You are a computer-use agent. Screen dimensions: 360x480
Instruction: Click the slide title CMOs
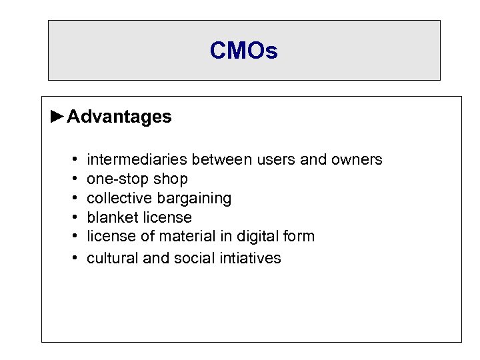click(243, 51)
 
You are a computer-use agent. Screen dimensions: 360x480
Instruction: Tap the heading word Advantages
click(119, 117)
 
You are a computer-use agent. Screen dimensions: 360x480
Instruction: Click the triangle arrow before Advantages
click(58, 117)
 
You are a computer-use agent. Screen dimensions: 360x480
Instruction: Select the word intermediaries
click(137, 160)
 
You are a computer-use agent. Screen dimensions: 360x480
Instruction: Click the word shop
click(171, 179)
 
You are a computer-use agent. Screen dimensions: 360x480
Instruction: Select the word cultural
click(113, 258)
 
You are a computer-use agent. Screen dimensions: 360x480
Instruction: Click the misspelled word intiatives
click(251, 258)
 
